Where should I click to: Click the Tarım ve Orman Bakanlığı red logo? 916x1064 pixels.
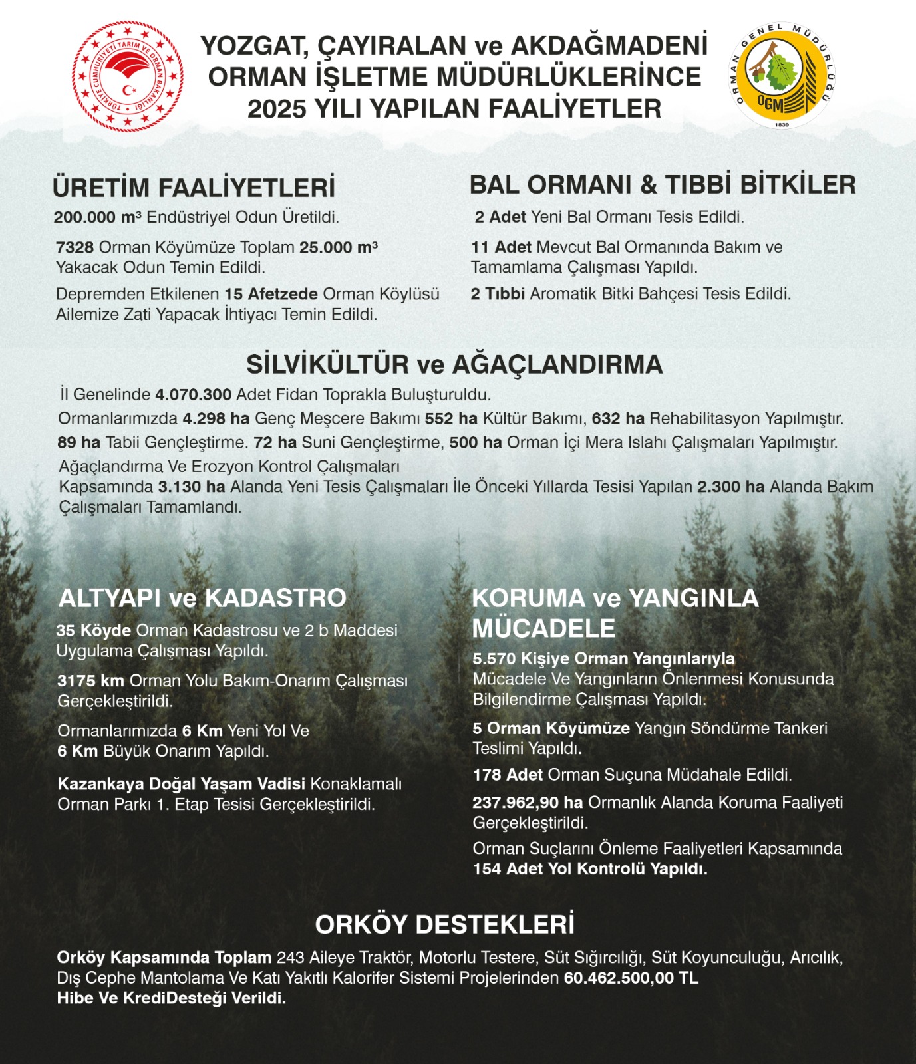(x=128, y=76)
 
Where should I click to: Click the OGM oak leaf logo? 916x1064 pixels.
(x=782, y=74)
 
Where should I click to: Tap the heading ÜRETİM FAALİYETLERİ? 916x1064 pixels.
(x=194, y=188)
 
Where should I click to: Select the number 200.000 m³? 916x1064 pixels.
(x=97, y=217)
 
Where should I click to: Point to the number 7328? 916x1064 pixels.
(x=75, y=247)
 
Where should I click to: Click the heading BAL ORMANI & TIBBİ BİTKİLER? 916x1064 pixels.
(x=663, y=185)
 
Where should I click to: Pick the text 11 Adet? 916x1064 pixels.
(x=501, y=247)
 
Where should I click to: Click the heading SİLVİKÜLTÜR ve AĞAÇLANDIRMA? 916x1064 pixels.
(x=454, y=364)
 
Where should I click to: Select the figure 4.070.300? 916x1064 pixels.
(x=193, y=394)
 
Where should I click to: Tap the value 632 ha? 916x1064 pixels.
(x=618, y=418)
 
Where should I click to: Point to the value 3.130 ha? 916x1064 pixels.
(x=192, y=487)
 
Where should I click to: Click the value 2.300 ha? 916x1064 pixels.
(x=730, y=487)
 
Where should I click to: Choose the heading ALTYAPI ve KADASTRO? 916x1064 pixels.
(x=202, y=598)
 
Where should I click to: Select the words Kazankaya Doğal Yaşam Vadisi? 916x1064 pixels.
(x=181, y=784)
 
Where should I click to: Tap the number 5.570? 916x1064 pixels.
(x=494, y=659)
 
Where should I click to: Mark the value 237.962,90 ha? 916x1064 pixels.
(x=528, y=803)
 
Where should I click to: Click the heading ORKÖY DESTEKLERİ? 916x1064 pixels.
(x=444, y=924)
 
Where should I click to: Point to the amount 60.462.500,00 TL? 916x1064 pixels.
(x=631, y=978)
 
